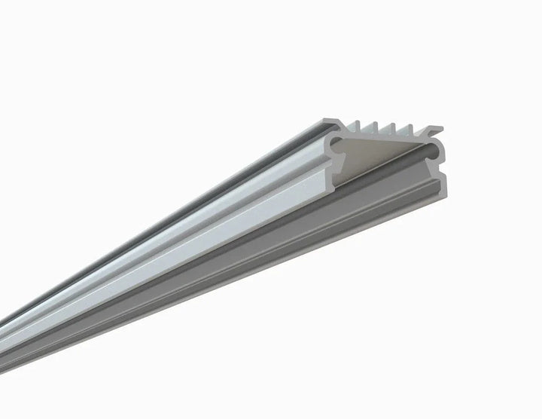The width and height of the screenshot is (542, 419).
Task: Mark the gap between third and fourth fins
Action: coord(403,130)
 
